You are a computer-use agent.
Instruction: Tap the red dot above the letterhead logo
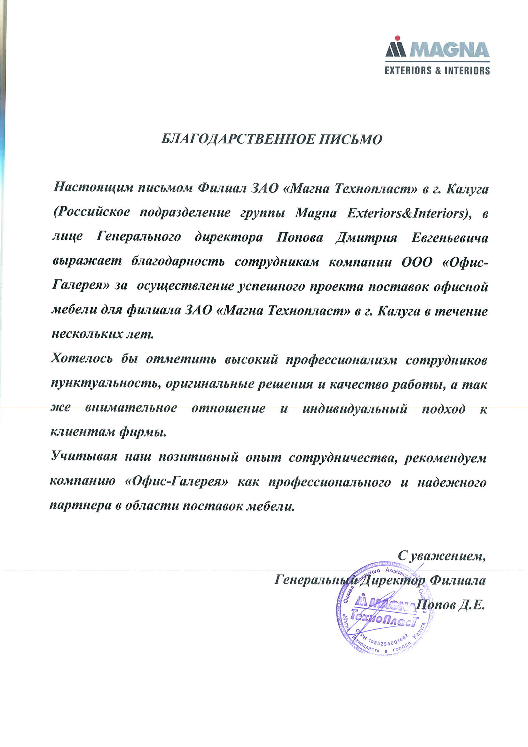click(x=397, y=38)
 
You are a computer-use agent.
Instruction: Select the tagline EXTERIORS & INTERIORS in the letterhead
click(x=437, y=71)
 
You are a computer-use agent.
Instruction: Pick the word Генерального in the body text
click(x=138, y=237)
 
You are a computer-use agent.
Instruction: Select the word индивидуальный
click(x=355, y=408)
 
